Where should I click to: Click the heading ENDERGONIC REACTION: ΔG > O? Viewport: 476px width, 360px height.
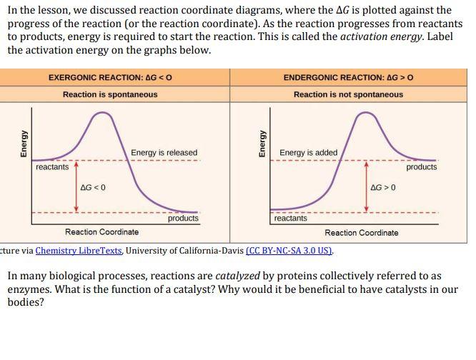(348, 77)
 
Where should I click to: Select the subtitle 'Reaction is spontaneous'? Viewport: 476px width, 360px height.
(110, 94)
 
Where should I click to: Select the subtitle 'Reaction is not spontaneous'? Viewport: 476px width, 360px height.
(348, 94)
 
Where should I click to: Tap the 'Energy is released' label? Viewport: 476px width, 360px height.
(164, 153)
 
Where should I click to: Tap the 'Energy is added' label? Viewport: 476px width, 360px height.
(309, 153)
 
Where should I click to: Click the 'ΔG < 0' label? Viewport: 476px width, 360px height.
(94, 187)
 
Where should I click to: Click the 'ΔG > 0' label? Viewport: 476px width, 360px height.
(383, 187)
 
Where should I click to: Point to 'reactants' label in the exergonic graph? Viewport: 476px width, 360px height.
(52, 167)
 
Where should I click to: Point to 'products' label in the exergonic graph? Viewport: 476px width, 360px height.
(183, 219)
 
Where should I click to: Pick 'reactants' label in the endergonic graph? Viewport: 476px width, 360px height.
(290, 219)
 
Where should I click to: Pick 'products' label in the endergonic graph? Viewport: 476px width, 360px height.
(422, 167)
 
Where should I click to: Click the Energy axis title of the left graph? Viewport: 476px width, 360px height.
(24, 144)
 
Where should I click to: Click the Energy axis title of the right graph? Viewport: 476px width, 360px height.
(262, 144)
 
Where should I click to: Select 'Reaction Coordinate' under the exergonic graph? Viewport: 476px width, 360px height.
(102, 232)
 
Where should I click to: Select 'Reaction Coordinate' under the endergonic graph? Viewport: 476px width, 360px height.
(362, 232)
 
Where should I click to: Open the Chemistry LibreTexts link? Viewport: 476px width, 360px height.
(79, 251)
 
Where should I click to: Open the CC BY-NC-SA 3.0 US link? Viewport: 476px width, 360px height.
(289, 251)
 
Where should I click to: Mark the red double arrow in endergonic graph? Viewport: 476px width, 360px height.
(367, 187)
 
